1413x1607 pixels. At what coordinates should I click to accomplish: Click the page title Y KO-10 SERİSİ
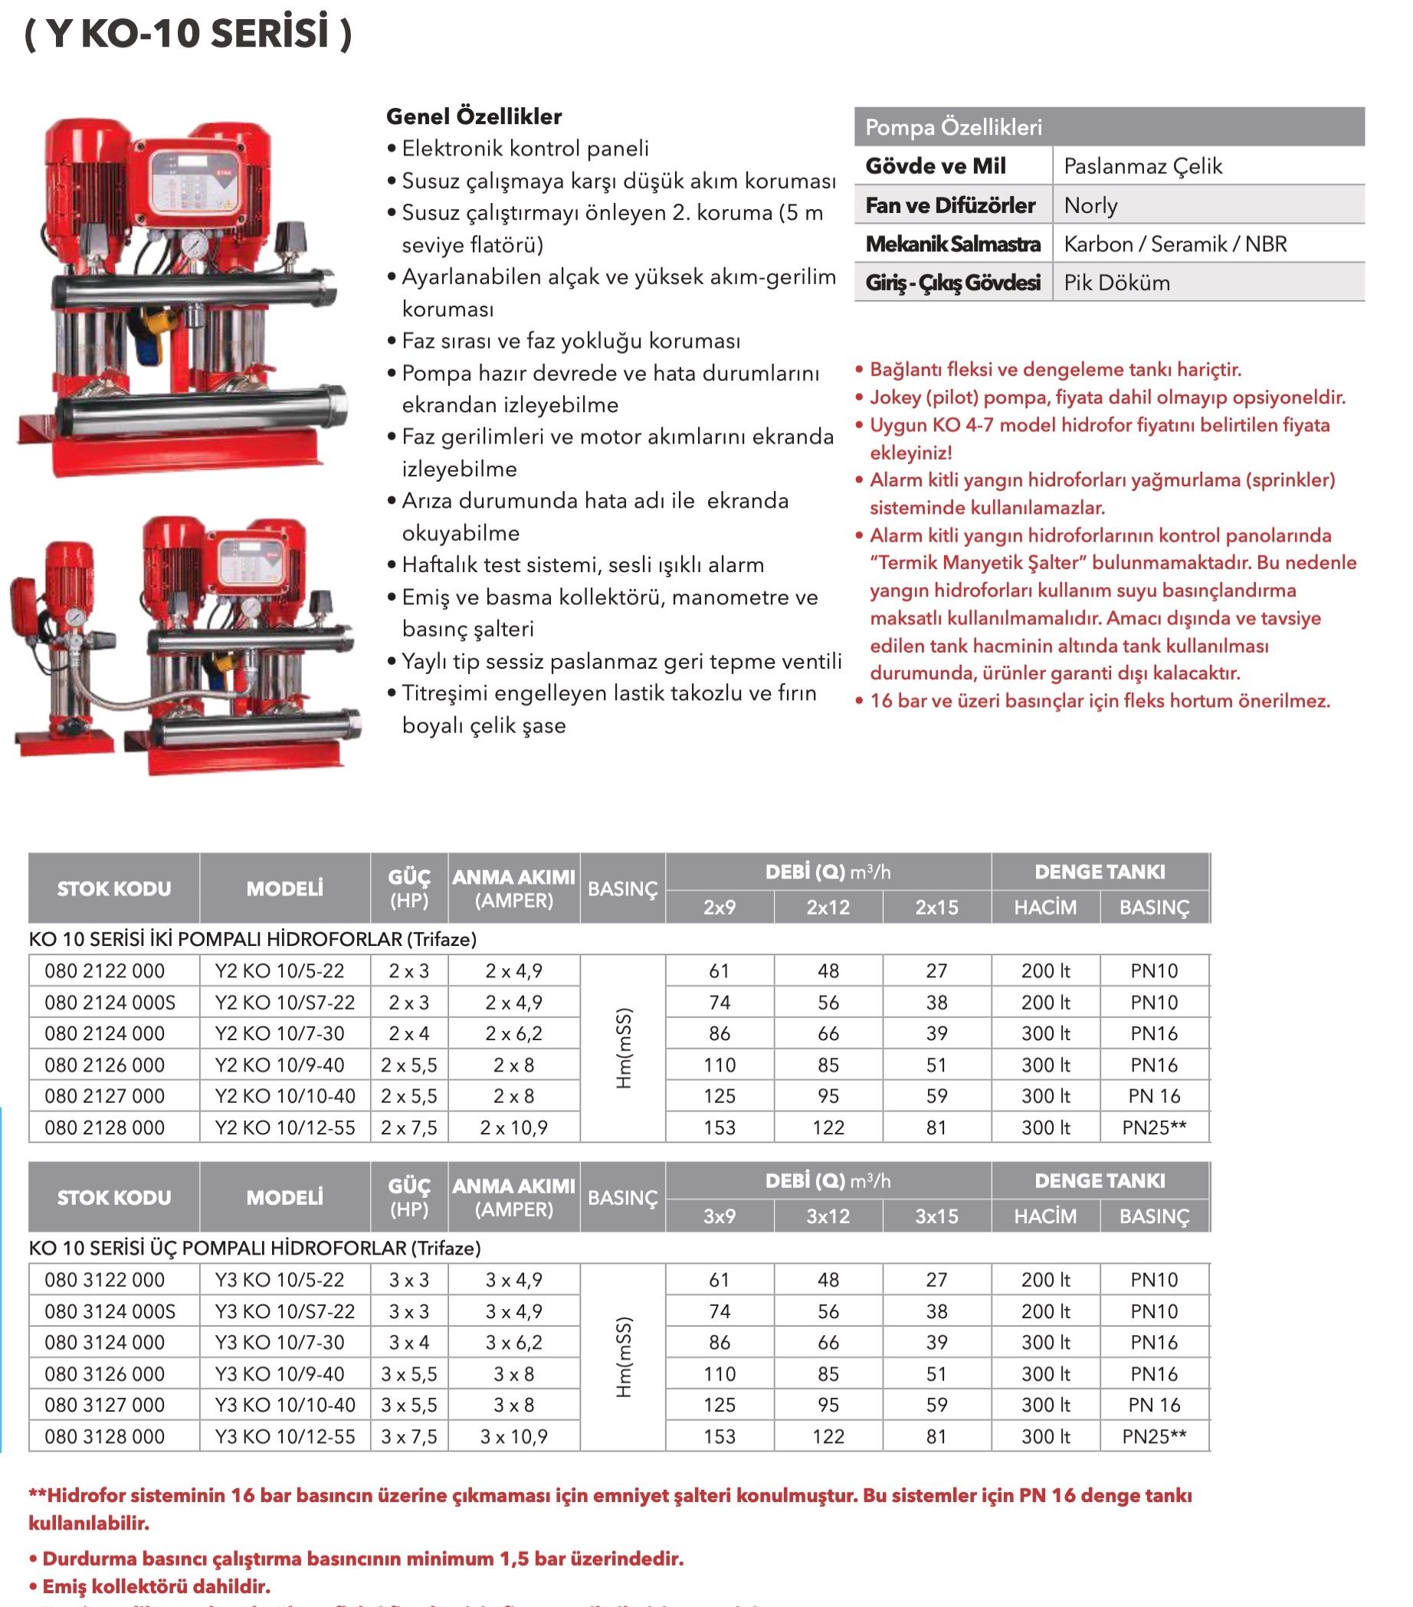(189, 34)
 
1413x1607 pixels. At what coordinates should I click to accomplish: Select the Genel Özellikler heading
(474, 116)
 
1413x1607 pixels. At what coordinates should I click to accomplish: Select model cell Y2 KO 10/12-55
(284, 1128)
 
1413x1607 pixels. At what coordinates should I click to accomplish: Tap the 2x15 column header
(936, 907)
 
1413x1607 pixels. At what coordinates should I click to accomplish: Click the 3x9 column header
(720, 1216)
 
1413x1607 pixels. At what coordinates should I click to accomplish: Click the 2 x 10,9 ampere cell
(513, 1128)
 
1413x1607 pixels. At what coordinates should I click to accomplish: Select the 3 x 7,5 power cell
(409, 1436)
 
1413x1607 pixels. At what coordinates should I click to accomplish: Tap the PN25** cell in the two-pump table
(1153, 1128)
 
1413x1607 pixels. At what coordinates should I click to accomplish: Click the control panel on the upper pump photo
(186, 185)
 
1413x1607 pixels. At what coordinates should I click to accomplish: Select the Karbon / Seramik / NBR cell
(1175, 244)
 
